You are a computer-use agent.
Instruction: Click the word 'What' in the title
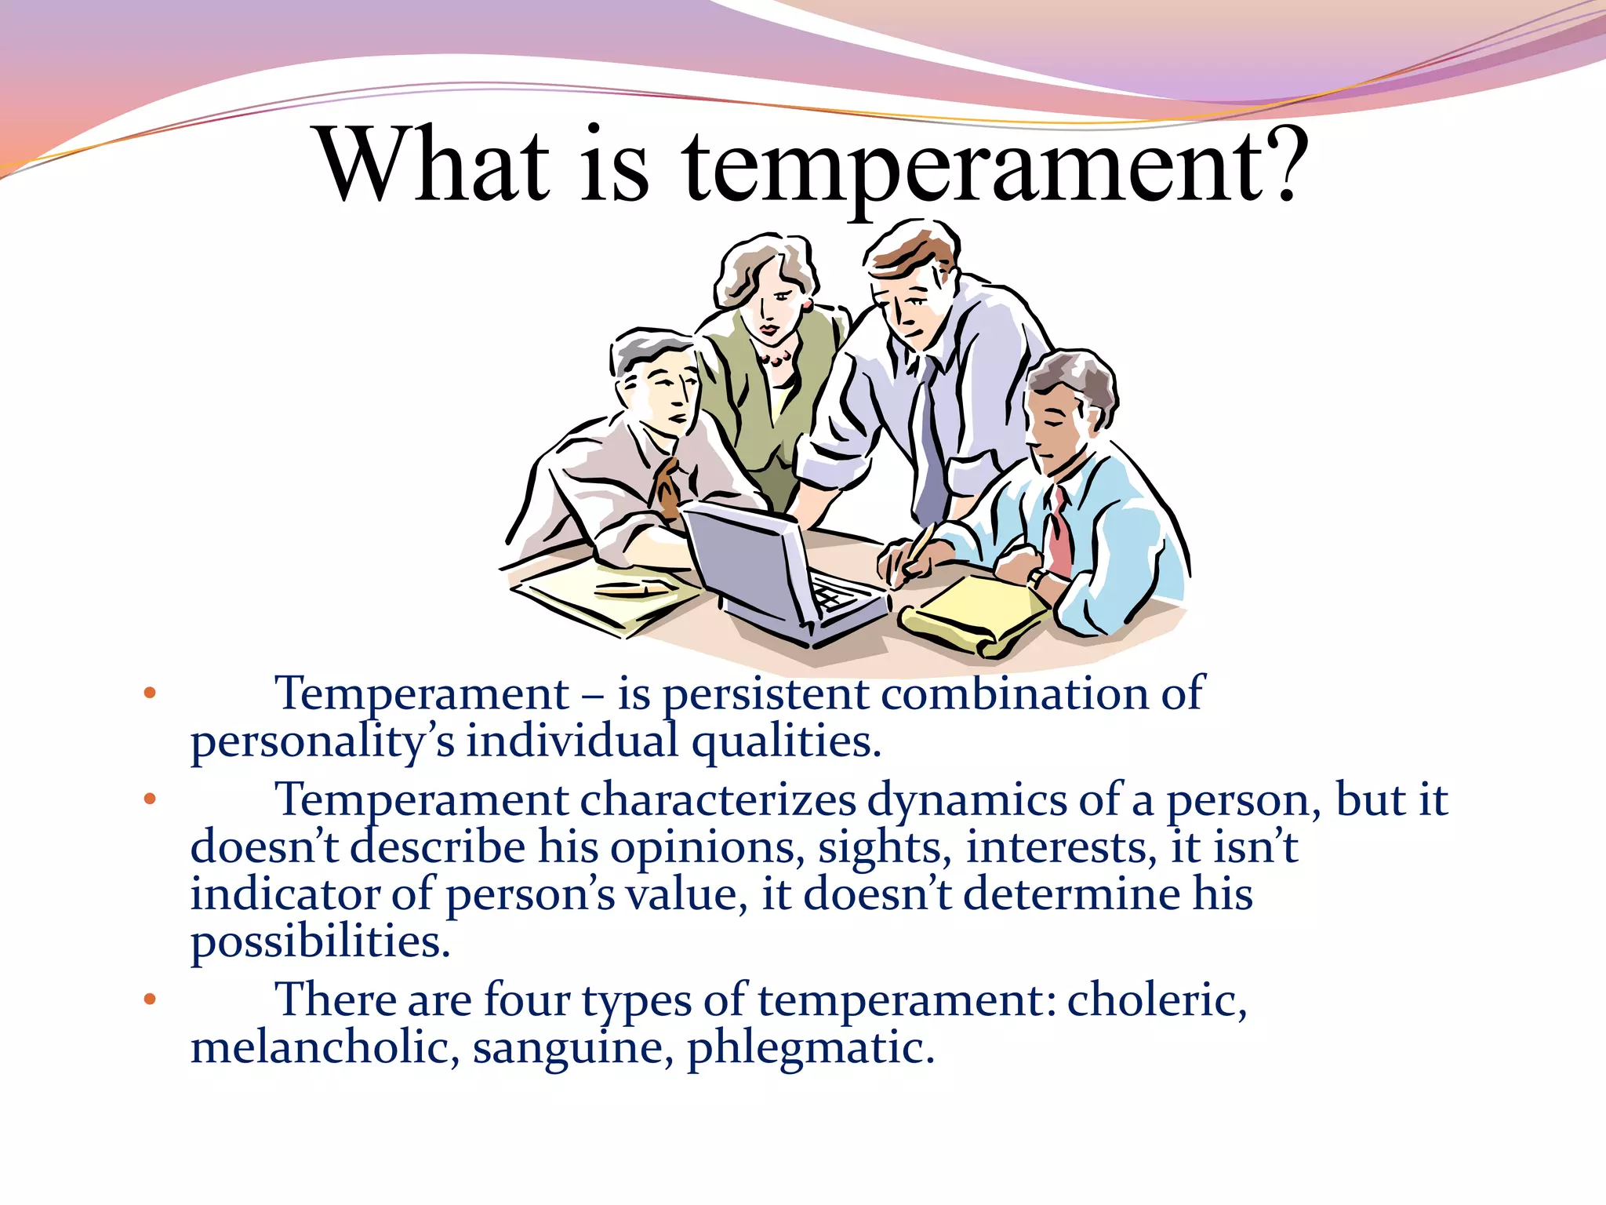(x=434, y=166)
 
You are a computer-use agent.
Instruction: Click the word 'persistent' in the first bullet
(x=765, y=694)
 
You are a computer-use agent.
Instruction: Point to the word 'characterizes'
(x=718, y=801)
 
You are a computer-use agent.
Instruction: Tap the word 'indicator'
(x=284, y=894)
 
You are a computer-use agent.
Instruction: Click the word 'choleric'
(x=1156, y=1000)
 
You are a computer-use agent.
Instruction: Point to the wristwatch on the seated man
(x=1037, y=579)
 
